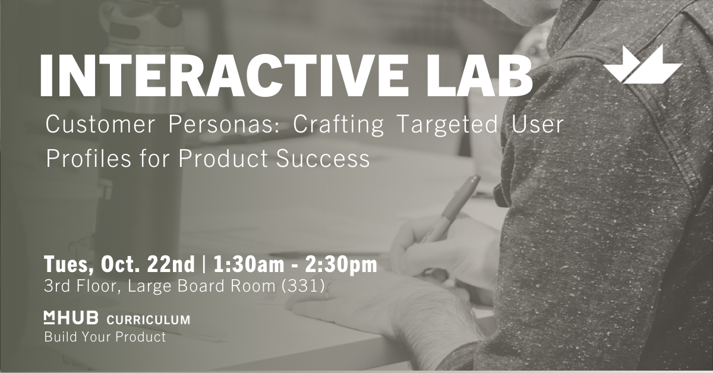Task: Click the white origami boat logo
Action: pyautogui.click(x=643, y=65)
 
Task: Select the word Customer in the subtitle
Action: pyautogui.click(x=100, y=125)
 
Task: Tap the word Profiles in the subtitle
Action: pyautogui.click(x=88, y=158)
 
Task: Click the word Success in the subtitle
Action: pyautogui.click(x=323, y=159)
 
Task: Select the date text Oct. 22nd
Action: pyautogui.click(x=147, y=264)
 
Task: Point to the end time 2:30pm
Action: pyautogui.click(x=341, y=265)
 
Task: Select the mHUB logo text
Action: pyautogui.click(x=71, y=318)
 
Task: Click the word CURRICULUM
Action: pyautogui.click(x=149, y=320)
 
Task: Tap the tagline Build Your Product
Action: pyautogui.click(x=105, y=337)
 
